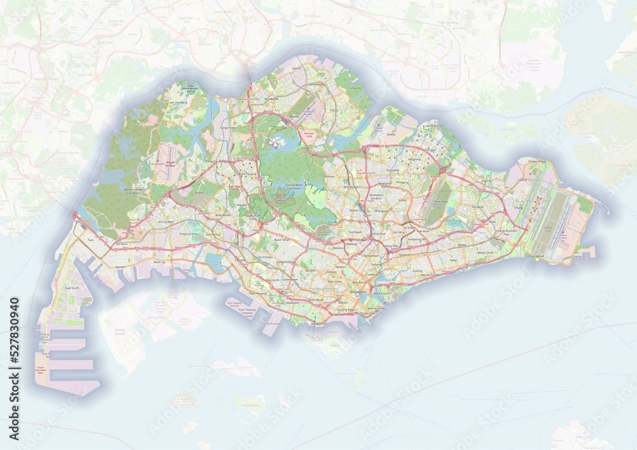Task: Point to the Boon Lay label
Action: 160,262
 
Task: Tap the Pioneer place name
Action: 122,267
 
